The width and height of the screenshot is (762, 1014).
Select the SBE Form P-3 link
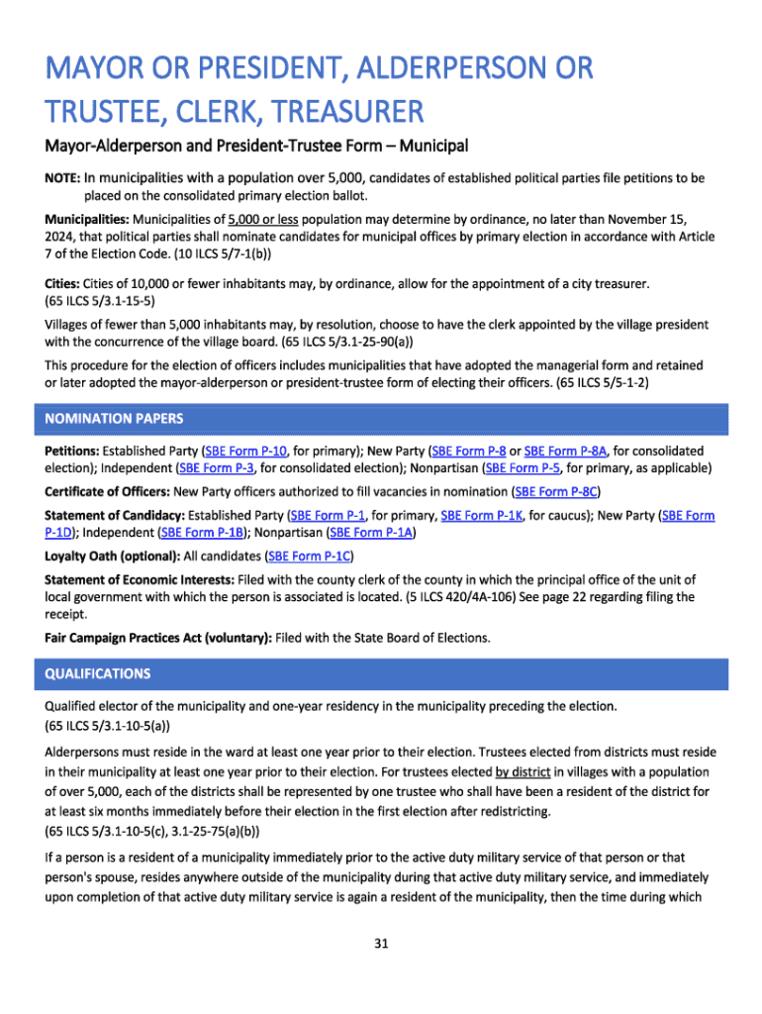(217, 467)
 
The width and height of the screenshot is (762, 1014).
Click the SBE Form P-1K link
(483, 516)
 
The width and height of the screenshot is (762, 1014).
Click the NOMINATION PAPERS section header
(114, 419)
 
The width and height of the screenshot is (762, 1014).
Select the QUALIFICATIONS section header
(98, 673)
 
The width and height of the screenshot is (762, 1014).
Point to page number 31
(380, 943)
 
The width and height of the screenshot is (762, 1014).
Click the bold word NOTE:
(62, 179)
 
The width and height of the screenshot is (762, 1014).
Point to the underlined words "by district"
(524, 771)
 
